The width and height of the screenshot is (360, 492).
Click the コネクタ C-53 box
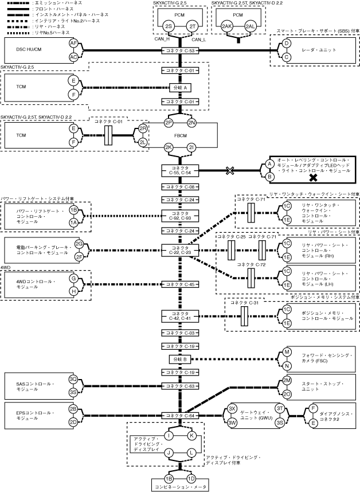click(x=181, y=51)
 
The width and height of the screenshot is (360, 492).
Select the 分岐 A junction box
click(x=181, y=87)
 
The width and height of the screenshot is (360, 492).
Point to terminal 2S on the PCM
click(x=169, y=27)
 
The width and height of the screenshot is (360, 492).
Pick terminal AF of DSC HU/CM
click(x=73, y=44)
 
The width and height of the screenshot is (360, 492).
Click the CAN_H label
click(x=162, y=40)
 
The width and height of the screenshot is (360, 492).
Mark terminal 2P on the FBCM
click(x=169, y=123)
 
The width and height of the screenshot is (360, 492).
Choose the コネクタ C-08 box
click(x=181, y=187)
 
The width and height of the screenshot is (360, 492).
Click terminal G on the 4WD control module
click(x=73, y=278)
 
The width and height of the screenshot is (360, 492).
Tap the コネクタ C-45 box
click(x=181, y=284)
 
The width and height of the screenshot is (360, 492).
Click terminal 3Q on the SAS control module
click(x=73, y=379)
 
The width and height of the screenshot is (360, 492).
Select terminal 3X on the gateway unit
click(x=232, y=408)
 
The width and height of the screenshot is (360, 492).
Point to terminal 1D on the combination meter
click(x=191, y=478)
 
